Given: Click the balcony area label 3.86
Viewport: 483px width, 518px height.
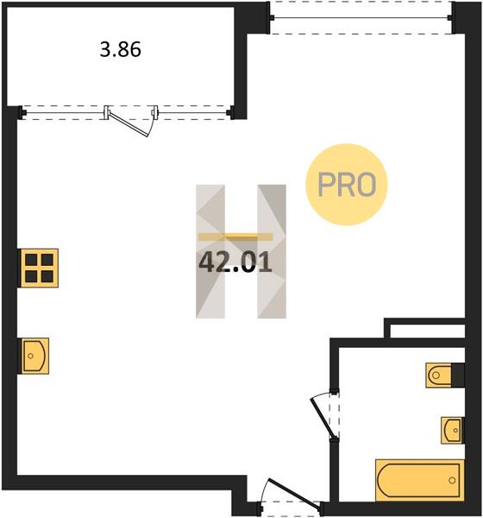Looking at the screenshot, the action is pos(121,50).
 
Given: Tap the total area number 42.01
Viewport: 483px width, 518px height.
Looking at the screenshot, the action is pos(235,262).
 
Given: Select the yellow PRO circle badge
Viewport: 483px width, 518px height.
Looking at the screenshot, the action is pos(347,185).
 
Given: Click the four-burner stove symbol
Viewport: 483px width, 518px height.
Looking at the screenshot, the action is pos(39,268).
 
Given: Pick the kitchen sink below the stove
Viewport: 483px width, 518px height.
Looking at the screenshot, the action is pos(35,356).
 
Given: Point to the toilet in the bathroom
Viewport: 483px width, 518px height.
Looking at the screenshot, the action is pos(438,375).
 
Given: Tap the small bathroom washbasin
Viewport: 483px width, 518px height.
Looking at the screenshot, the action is pos(452,431).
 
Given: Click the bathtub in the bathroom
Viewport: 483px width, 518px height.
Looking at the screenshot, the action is pos(420,480).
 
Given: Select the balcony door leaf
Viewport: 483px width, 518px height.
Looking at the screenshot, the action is pos(129,124).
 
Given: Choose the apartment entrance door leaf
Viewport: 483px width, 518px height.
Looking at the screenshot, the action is pos(294,492).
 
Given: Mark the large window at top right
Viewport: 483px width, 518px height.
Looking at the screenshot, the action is pos(361,18).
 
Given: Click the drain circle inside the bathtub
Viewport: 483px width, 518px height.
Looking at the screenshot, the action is pos(452,480).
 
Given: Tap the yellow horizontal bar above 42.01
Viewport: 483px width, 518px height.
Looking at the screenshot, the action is pos(235,237).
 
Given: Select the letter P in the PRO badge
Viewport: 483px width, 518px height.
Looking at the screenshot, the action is pos(327,185).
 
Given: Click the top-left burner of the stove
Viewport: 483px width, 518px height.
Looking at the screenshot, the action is pos(31,260).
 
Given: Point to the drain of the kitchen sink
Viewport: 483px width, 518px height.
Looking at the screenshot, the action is pos(31,356).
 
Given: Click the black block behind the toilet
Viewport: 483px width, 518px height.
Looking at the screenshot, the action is pos(458,375).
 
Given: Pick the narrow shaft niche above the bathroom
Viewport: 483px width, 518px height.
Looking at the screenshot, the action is pos(428,332).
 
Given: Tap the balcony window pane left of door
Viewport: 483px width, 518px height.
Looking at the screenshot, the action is pos(65,112).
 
